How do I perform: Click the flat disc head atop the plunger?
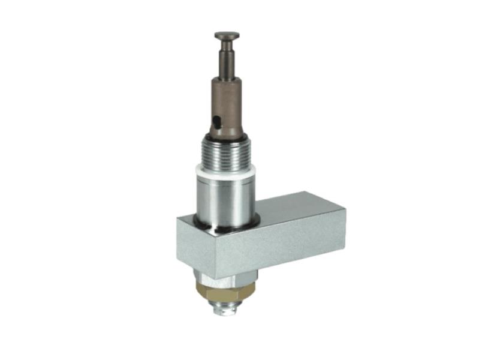(227, 35)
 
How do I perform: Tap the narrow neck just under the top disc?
(227, 43)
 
